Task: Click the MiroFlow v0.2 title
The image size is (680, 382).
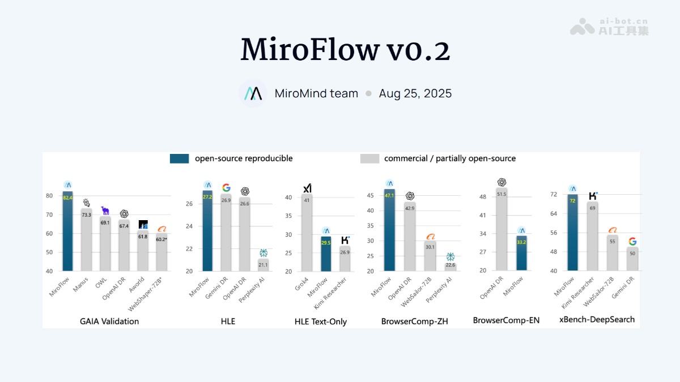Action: (x=345, y=50)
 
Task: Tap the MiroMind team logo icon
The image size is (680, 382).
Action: (x=252, y=94)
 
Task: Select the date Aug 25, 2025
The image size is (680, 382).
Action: (x=415, y=94)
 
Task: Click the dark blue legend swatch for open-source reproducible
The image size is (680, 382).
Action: (x=179, y=159)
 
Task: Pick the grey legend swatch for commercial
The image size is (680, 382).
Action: (x=369, y=159)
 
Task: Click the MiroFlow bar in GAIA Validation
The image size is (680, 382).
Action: (x=68, y=232)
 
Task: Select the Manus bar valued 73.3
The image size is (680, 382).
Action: (x=86, y=241)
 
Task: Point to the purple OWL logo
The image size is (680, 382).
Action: (x=105, y=211)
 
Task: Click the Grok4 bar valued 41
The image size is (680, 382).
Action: (x=307, y=233)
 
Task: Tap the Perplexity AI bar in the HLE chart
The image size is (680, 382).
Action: (x=263, y=265)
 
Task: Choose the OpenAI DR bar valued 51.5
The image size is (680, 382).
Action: (x=501, y=229)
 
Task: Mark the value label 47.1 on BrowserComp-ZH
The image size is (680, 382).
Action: (x=389, y=196)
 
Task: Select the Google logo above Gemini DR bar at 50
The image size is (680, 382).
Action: (x=632, y=242)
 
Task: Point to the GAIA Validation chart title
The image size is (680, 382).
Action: (x=109, y=321)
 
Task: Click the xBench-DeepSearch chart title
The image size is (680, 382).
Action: (x=597, y=320)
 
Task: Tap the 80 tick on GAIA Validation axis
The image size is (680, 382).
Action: (x=49, y=196)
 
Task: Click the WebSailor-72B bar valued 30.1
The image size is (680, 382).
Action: (x=430, y=256)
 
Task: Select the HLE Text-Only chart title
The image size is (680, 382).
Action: (x=321, y=321)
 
